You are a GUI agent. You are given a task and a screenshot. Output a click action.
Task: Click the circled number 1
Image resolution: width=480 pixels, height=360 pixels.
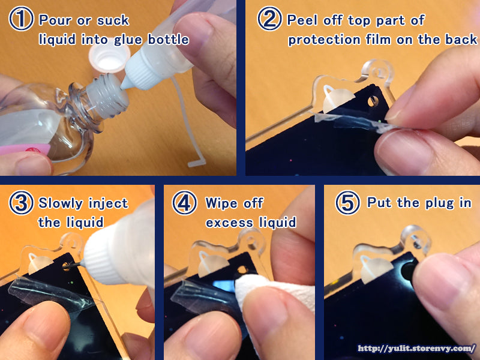21,19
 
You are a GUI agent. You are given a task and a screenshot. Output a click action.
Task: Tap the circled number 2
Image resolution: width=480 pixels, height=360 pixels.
269,19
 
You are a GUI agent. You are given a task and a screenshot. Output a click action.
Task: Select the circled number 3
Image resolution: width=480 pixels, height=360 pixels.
21,203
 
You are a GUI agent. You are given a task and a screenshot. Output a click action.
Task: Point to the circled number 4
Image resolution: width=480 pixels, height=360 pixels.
184,203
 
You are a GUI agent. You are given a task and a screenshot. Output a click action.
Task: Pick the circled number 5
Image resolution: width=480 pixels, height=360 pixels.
348,203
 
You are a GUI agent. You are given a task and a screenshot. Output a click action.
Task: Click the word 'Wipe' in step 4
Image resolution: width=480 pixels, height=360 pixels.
220,203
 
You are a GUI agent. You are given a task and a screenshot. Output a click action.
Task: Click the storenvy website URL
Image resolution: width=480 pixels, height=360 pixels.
416,349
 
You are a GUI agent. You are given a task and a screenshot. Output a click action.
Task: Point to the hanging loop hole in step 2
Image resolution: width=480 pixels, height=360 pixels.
379,73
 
